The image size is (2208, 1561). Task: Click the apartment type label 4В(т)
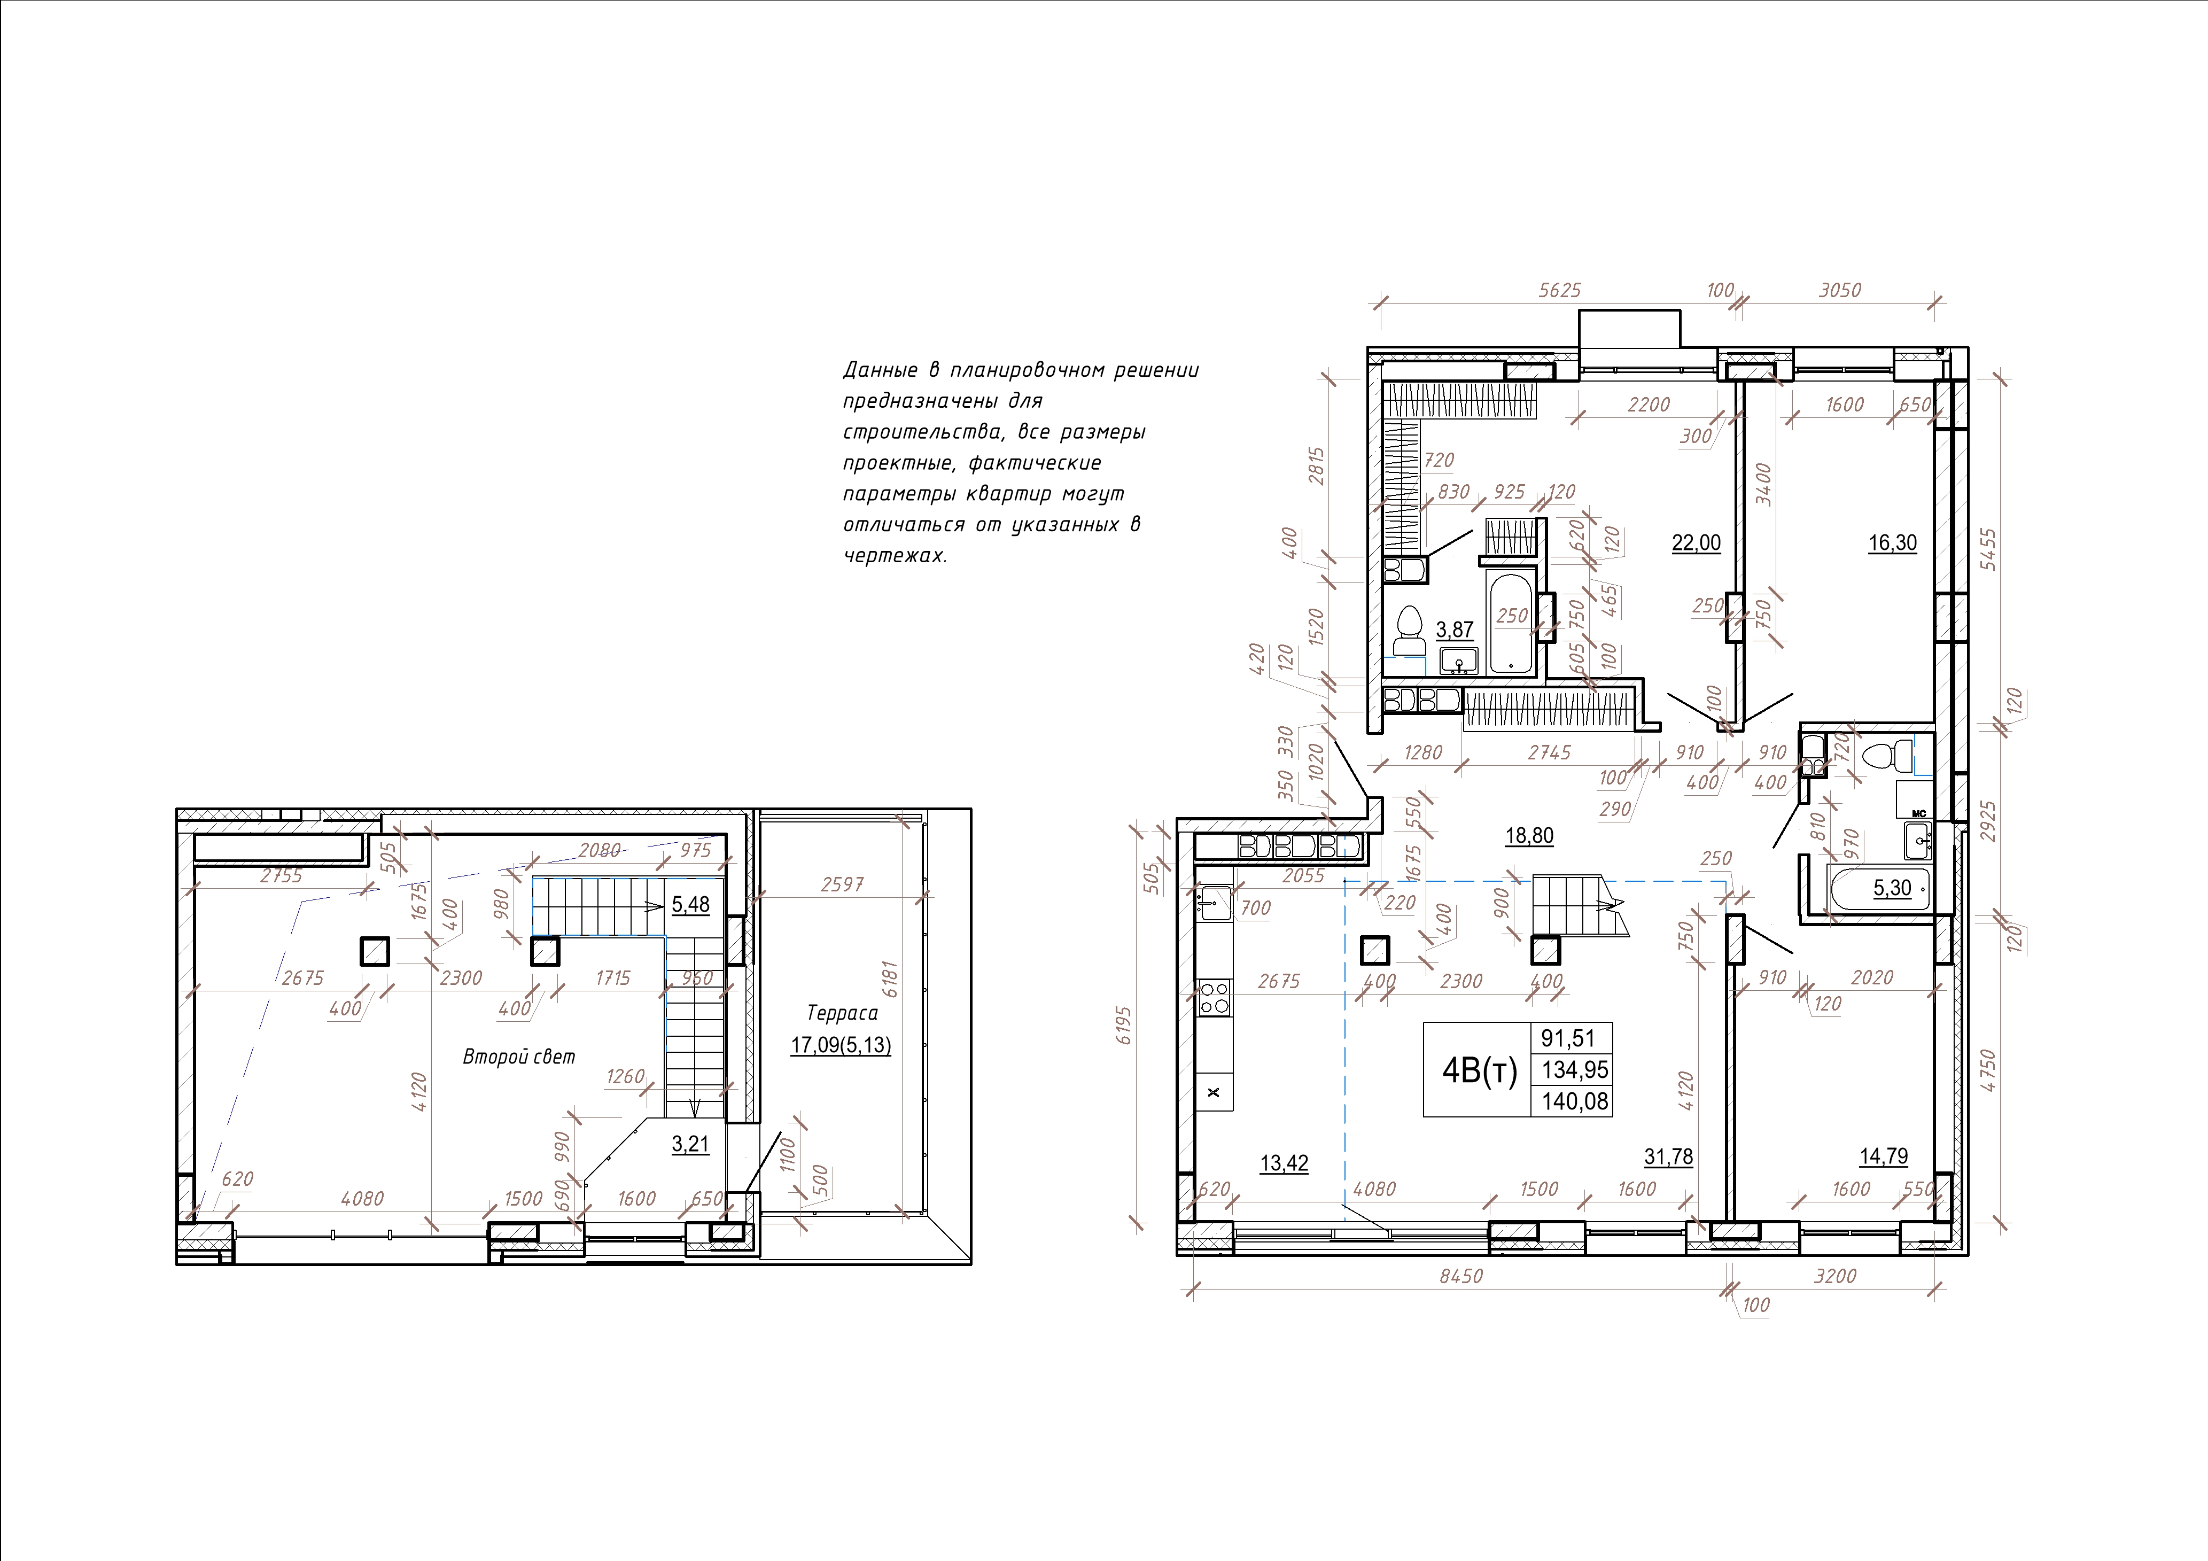(x=1479, y=1069)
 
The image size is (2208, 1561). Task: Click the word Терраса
(x=842, y=1013)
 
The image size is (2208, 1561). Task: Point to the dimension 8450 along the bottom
(x=1461, y=1276)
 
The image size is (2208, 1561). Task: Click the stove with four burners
(x=1214, y=997)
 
